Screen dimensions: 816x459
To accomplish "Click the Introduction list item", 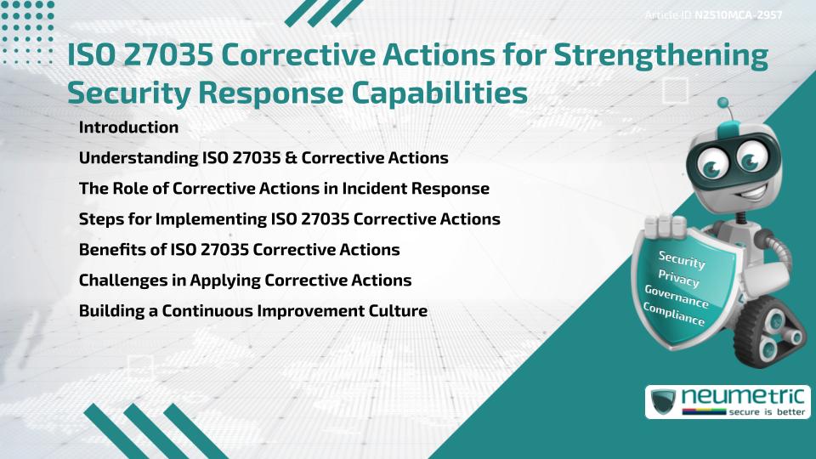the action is click(x=128, y=127).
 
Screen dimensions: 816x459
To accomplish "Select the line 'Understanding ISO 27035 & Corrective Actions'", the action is click(x=263, y=158).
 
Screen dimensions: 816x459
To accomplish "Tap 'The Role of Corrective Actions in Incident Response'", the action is click(x=284, y=189).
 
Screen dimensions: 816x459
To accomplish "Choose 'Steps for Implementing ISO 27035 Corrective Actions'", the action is click(x=289, y=219).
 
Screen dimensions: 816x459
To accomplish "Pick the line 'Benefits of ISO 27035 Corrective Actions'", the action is click(x=240, y=250).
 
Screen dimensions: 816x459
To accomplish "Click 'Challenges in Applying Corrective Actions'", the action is click(x=245, y=280).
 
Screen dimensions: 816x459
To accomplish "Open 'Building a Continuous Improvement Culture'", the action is click(x=253, y=311).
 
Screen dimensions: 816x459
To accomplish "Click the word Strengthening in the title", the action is click(x=661, y=56).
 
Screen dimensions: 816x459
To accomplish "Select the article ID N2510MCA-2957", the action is click(x=739, y=15).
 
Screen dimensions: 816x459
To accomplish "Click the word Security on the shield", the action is click(x=682, y=260).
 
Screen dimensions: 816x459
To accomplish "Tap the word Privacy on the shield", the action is click(x=678, y=279).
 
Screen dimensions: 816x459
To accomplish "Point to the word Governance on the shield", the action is click(x=677, y=297).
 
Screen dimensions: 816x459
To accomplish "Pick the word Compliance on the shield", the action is click(x=674, y=314).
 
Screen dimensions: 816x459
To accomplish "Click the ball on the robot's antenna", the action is click(x=722, y=103).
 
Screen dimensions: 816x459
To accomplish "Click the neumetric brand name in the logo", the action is click(x=743, y=397).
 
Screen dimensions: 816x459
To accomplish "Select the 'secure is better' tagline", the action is click(x=767, y=412).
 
